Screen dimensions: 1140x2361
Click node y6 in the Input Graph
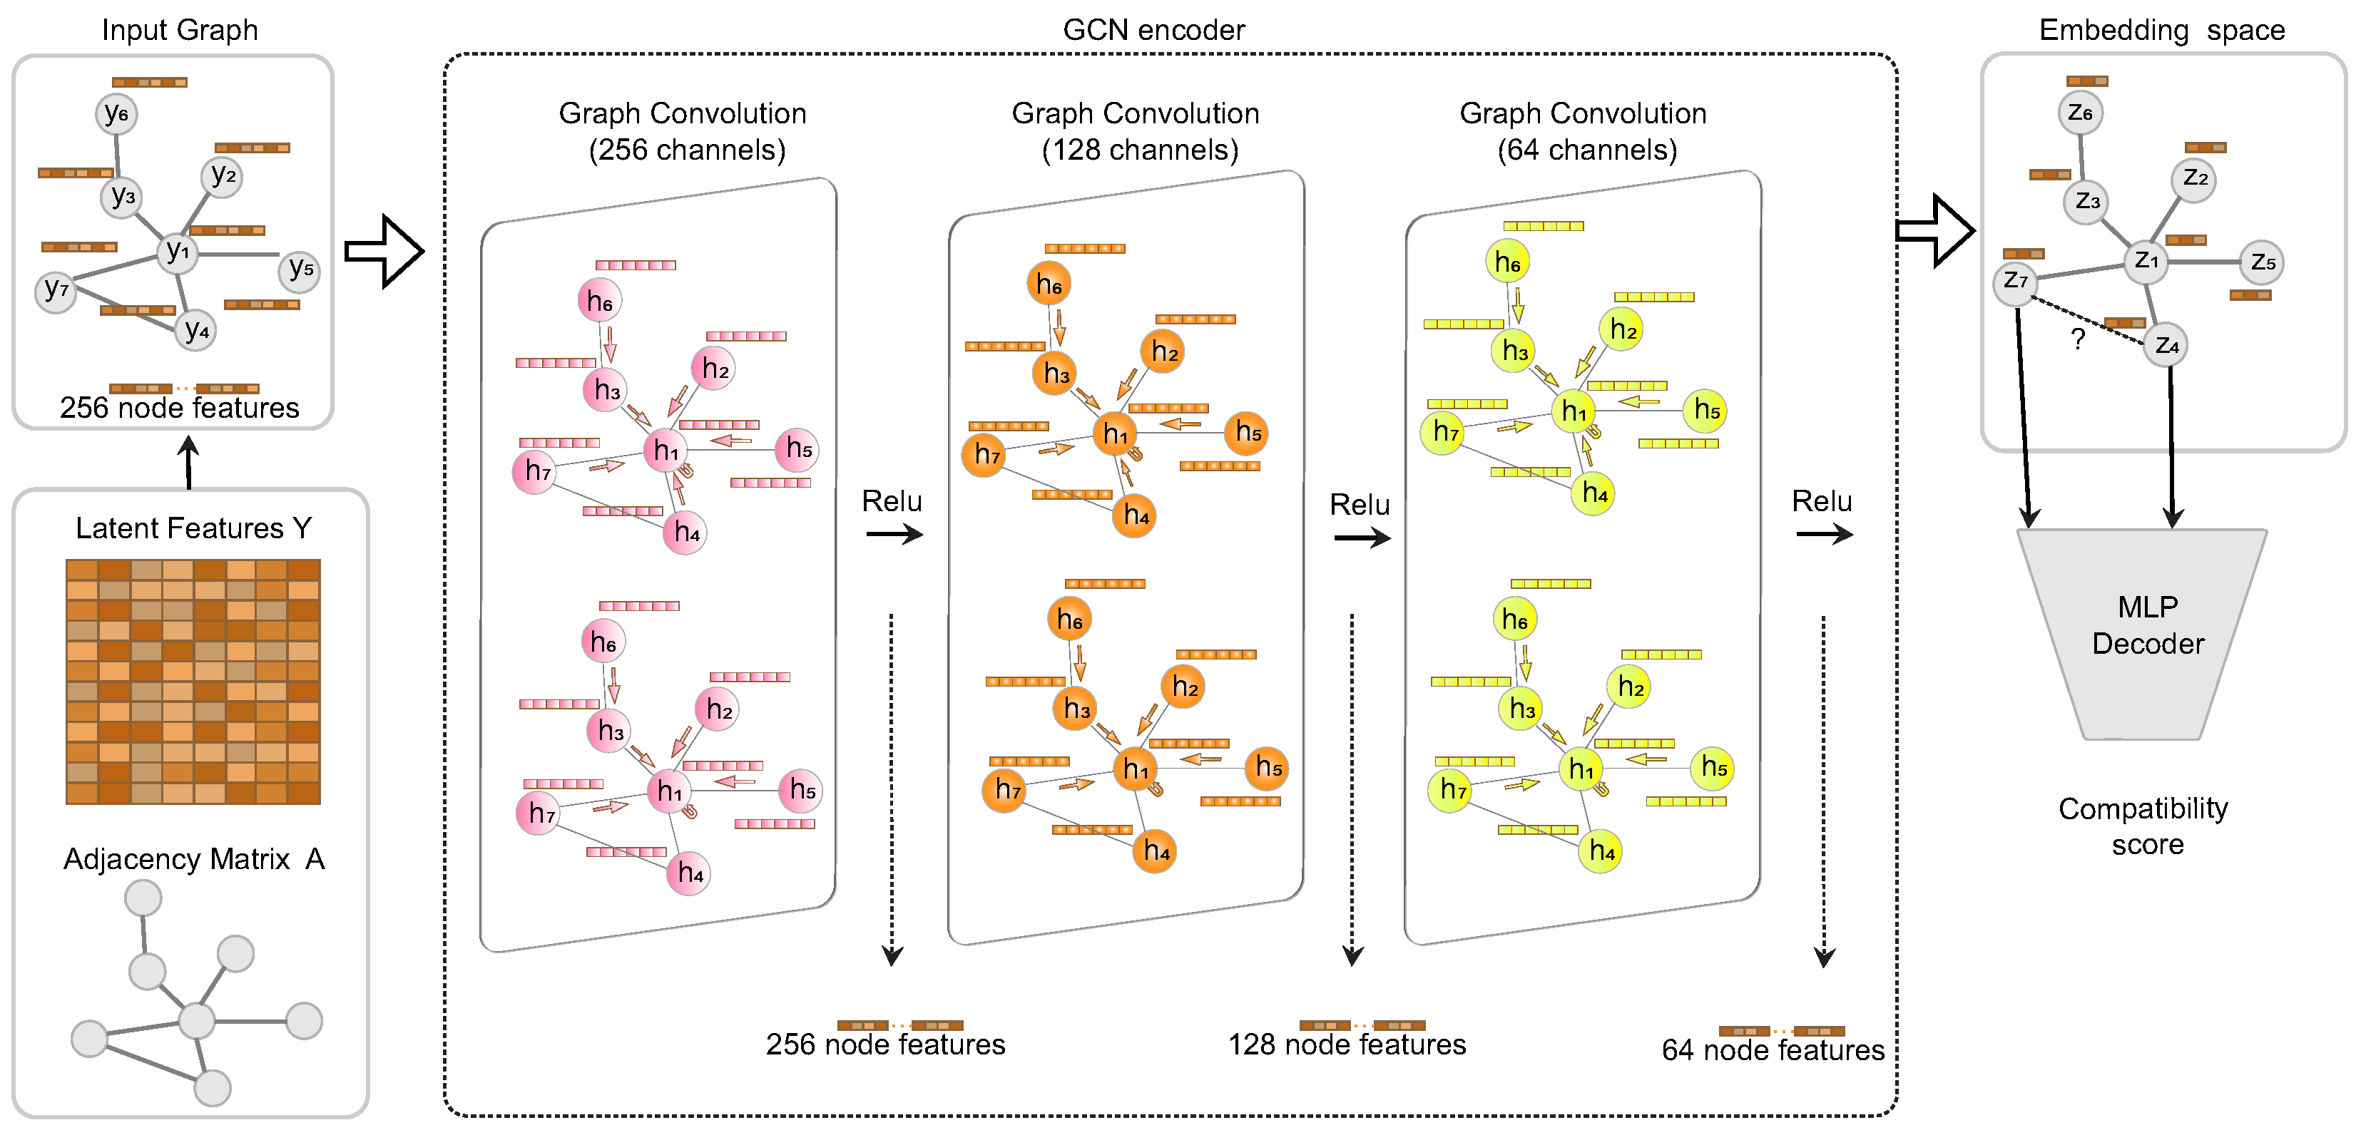click(x=116, y=113)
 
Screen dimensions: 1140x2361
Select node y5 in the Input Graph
click(x=300, y=270)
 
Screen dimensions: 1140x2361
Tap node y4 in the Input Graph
click(x=196, y=330)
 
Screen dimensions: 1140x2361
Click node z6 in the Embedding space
click(x=2081, y=113)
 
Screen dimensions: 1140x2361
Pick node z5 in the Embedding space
click(x=2262, y=263)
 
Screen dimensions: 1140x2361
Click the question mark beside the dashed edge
click(x=2078, y=339)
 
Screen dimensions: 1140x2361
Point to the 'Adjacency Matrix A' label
click(x=193, y=858)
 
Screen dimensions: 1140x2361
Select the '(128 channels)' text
click(x=1139, y=150)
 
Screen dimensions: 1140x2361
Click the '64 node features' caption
click(x=1773, y=1049)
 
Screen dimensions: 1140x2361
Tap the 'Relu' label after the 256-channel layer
click(x=891, y=501)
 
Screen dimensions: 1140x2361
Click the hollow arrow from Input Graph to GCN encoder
click(x=384, y=251)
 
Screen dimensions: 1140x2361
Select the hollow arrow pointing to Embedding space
click(x=1934, y=230)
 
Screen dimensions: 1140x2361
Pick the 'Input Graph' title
click(x=180, y=30)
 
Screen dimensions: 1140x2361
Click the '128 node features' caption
click(x=1347, y=1044)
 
